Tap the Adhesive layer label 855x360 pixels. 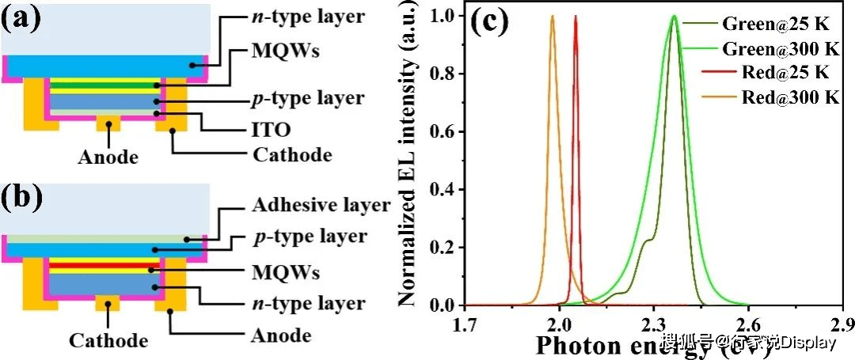(x=321, y=206)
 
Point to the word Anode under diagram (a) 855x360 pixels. (x=108, y=157)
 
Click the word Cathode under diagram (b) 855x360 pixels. (x=108, y=341)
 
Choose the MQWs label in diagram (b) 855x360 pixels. (x=286, y=274)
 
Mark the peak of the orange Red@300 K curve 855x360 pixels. (x=553, y=17)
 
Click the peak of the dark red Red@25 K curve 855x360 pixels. (x=576, y=17)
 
